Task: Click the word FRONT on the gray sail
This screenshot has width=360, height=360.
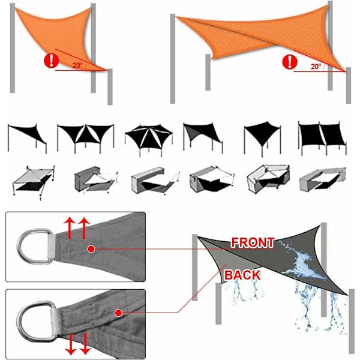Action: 253,242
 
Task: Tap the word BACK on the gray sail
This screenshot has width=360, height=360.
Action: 242,275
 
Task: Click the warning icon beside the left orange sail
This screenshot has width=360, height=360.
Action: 52,61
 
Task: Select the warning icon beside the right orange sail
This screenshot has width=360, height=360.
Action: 290,62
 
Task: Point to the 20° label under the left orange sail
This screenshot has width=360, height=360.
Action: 77,65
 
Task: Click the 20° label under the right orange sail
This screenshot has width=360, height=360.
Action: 316,67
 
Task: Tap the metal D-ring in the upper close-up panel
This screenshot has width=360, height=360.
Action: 34,247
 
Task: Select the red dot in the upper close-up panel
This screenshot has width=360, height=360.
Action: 91,249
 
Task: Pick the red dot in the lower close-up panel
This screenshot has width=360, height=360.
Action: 118,313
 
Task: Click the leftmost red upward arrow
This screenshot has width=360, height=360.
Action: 70,228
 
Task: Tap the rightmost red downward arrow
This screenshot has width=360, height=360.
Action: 85,344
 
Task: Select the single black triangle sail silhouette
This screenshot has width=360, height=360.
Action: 27,138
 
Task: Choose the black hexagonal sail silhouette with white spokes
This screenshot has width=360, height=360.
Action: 149,139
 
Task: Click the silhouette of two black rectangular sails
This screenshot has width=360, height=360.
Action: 322,137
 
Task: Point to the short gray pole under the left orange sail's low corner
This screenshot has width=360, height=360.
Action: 110,87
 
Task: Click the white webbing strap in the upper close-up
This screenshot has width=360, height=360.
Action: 52,247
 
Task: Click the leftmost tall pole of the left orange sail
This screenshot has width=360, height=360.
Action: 13,48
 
